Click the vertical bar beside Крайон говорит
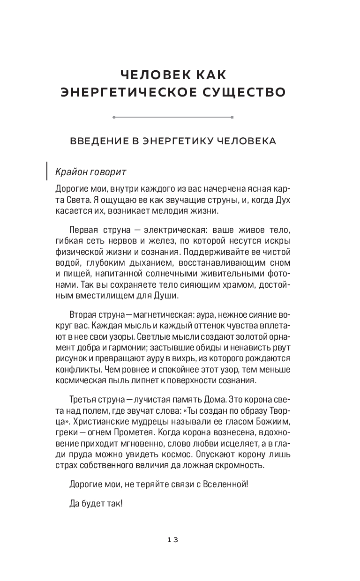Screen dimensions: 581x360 pyautogui.click(x=47, y=171)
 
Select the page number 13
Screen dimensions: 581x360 pyautogui.click(x=172, y=539)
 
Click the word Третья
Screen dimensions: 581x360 pyautogui.click(x=84, y=400)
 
